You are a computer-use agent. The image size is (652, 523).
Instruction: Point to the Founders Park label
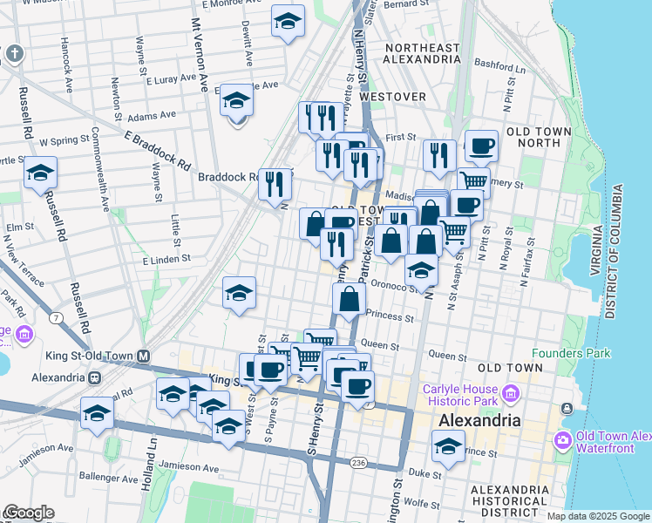[571, 353]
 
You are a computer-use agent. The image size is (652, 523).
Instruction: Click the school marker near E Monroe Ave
[288, 22]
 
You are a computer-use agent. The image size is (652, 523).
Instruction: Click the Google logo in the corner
[28, 513]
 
